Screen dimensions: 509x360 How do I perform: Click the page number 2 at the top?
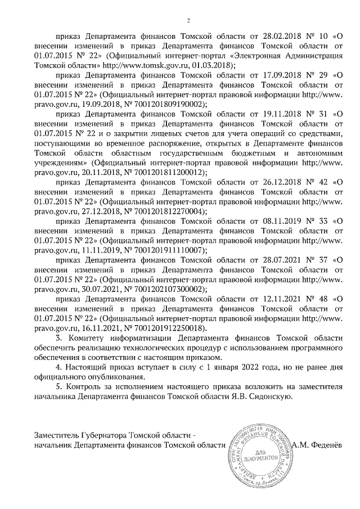[188, 21]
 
